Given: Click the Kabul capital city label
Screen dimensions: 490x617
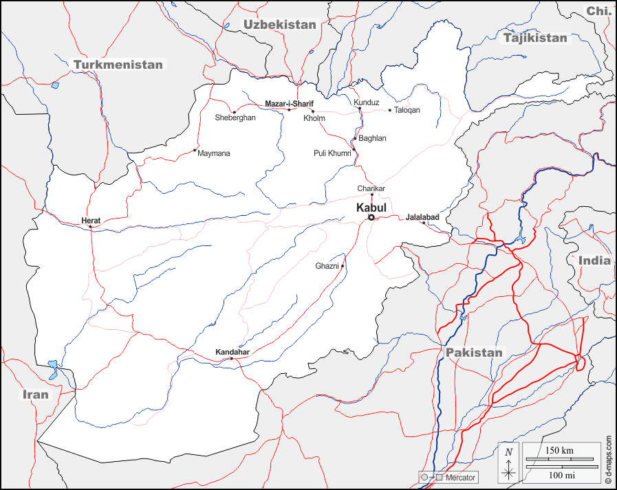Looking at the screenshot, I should tap(371, 207).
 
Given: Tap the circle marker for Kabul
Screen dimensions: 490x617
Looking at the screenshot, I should tap(371, 217).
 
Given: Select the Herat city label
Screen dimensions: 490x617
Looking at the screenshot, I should tap(91, 221).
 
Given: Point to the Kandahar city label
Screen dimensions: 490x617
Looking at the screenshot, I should tap(232, 352).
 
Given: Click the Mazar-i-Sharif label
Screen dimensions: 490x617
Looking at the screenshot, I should tap(289, 104).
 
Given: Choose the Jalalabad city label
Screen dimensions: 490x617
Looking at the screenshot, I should tap(422, 217).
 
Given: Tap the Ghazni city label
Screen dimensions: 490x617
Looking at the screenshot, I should tap(327, 266).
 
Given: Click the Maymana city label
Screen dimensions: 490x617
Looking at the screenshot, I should tap(213, 153).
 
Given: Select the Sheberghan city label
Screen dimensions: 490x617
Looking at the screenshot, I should tap(235, 118).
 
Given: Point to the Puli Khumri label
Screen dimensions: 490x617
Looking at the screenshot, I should tap(332, 153).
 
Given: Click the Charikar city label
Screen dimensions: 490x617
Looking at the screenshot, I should tap(371, 188).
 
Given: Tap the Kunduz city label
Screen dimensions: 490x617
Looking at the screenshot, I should tap(367, 102).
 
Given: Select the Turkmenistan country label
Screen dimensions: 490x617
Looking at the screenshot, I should tap(118, 65).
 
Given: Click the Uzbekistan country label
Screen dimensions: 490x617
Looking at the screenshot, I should tap(279, 25).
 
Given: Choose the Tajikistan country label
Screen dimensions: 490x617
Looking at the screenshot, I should tap(535, 38).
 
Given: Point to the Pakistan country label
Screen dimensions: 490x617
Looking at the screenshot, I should tap(474, 353).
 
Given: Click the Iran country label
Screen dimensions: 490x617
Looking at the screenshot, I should tap(35, 394).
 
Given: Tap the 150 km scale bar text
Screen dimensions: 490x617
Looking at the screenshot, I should tap(559, 449).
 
